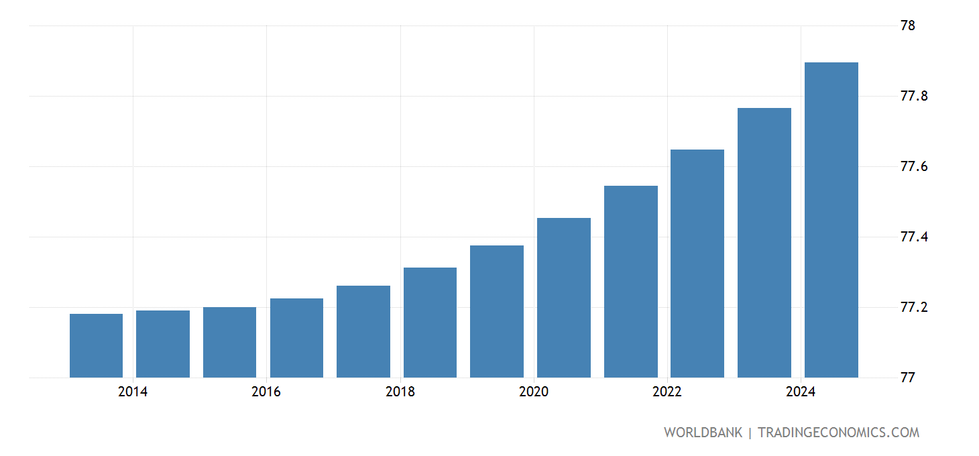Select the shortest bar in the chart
point(96,345)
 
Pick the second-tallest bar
point(764,243)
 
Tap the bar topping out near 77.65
point(697,264)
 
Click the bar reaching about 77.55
point(630,282)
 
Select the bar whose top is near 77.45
point(563,298)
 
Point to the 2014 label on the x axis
point(133,392)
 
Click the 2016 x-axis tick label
point(266,392)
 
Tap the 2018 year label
point(400,392)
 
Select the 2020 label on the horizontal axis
point(534,392)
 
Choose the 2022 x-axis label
point(667,392)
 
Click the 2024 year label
point(801,392)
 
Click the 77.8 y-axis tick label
point(916,97)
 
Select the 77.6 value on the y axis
point(916,167)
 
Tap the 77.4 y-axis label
point(916,237)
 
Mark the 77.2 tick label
point(916,308)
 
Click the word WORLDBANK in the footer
point(703,433)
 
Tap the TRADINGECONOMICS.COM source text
point(838,433)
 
